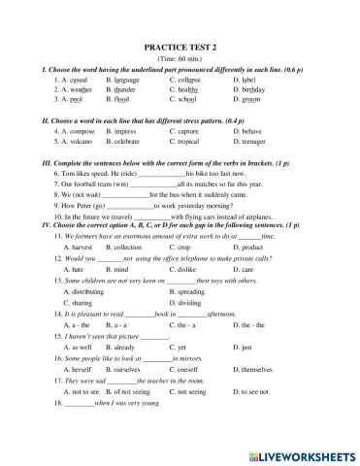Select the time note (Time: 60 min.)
pos(180,58)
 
